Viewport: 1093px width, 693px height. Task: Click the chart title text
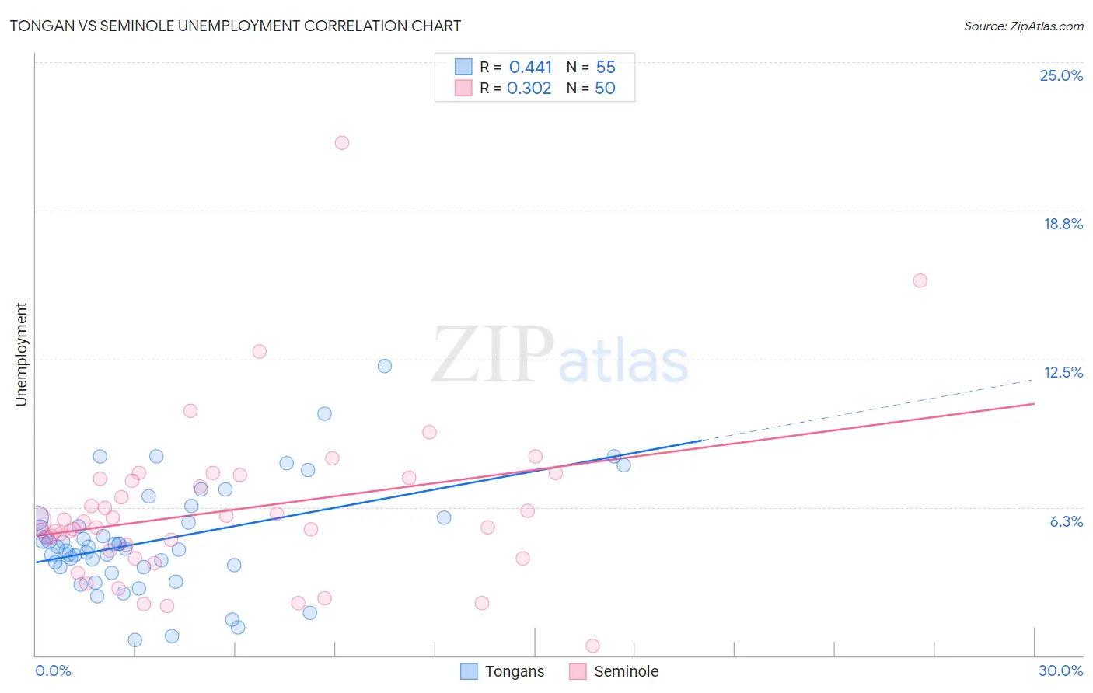235,26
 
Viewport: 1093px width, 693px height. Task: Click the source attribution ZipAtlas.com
1023,26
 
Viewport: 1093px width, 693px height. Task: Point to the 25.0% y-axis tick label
1061,75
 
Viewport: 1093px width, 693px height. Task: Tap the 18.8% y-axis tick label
1063,224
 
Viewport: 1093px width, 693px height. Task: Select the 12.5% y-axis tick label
1063,372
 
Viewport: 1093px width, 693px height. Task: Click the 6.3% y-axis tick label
1066,521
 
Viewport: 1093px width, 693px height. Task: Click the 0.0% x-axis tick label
53,670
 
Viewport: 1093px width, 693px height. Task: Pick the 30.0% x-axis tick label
1060,670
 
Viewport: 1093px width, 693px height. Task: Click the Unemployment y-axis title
21,354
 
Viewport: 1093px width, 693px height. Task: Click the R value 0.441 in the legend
530,68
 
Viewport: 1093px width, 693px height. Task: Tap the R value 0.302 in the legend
529,89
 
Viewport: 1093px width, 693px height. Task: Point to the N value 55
606,68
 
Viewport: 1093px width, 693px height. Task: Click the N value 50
605,89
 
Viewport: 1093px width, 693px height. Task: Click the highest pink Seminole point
342,143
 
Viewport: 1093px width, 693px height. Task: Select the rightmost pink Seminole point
920,280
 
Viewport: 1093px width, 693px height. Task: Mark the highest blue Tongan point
385,366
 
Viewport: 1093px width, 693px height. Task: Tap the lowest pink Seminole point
592,646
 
